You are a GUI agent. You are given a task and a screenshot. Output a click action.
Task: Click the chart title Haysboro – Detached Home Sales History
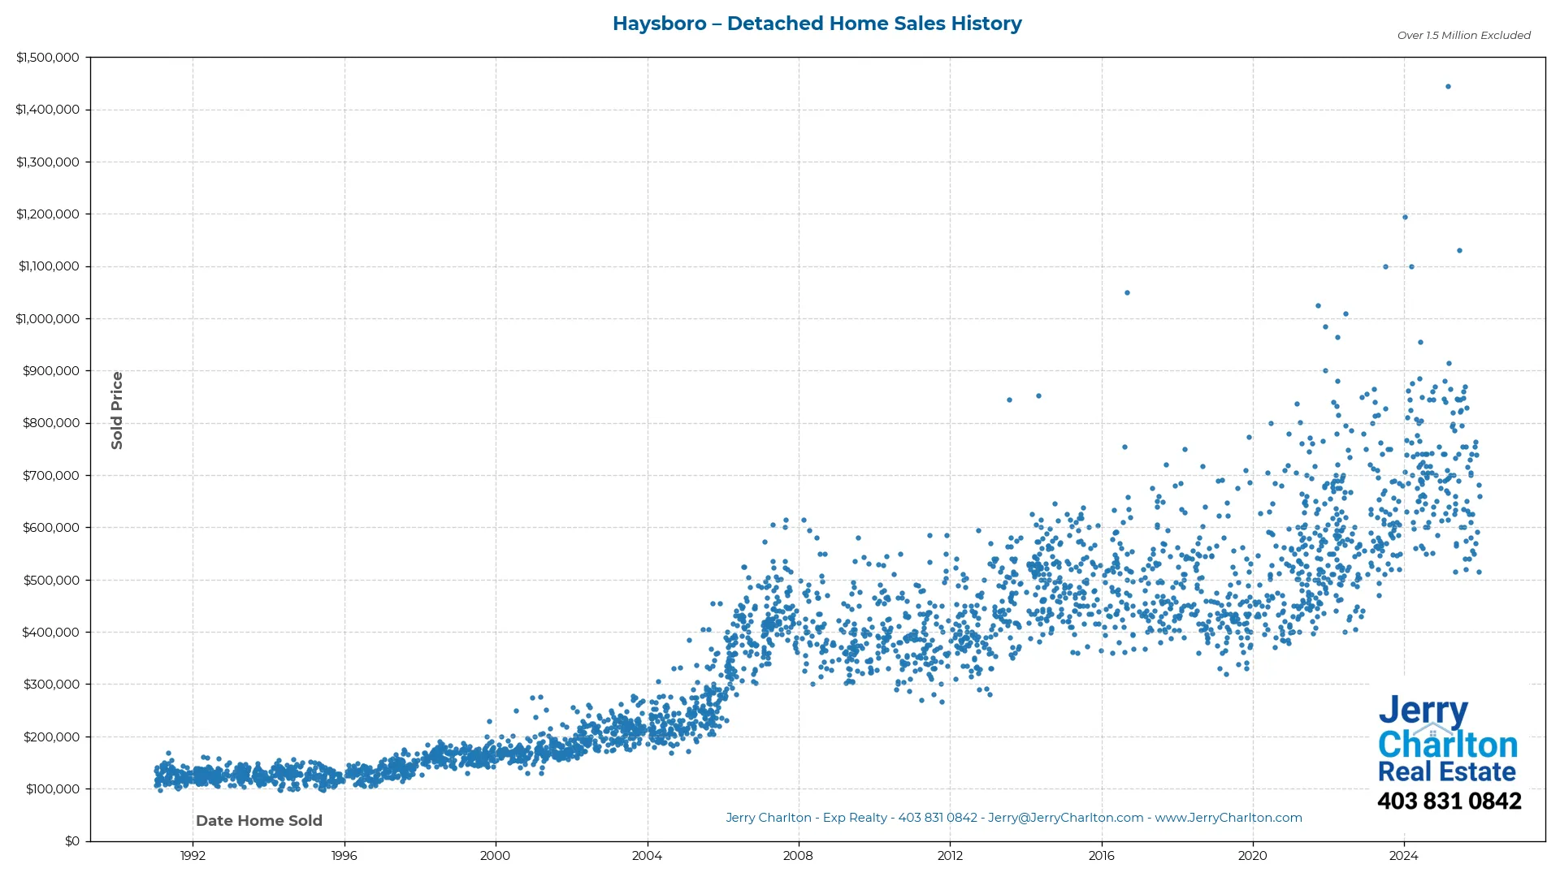tap(817, 24)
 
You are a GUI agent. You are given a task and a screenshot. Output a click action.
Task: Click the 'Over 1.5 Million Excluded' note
tap(1463, 36)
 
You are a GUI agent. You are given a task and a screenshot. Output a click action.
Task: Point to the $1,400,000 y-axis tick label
tap(47, 110)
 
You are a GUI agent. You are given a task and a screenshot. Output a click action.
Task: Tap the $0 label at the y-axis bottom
tap(72, 840)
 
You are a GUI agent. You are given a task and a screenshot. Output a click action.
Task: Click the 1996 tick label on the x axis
tap(344, 855)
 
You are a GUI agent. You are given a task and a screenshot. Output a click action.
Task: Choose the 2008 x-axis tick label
tap(798, 855)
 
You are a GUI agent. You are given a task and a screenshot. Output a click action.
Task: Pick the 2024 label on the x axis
tap(1403, 855)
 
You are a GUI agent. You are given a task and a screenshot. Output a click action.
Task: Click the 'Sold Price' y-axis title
tap(117, 410)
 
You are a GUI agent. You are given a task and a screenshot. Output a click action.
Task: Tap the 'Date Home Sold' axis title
tap(259, 820)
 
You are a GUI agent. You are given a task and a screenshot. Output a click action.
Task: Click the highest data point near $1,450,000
tap(1448, 86)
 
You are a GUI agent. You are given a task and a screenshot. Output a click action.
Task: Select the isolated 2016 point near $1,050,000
tap(1127, 292)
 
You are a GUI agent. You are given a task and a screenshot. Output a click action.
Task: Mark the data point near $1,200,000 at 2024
tap(1405, 217)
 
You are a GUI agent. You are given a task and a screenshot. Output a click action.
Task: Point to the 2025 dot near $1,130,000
tap(1459, 250)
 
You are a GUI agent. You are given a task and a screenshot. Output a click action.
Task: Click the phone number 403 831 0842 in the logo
tap(1449, 801)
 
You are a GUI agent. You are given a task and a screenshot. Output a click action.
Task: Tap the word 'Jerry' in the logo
tap(1423, 711)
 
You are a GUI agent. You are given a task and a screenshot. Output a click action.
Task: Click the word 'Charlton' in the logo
tap(1448, 745)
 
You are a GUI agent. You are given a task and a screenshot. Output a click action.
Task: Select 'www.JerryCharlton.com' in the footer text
tap(1228, 818)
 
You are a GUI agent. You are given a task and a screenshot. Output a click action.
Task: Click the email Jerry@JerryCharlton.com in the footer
tap(1065, 818)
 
